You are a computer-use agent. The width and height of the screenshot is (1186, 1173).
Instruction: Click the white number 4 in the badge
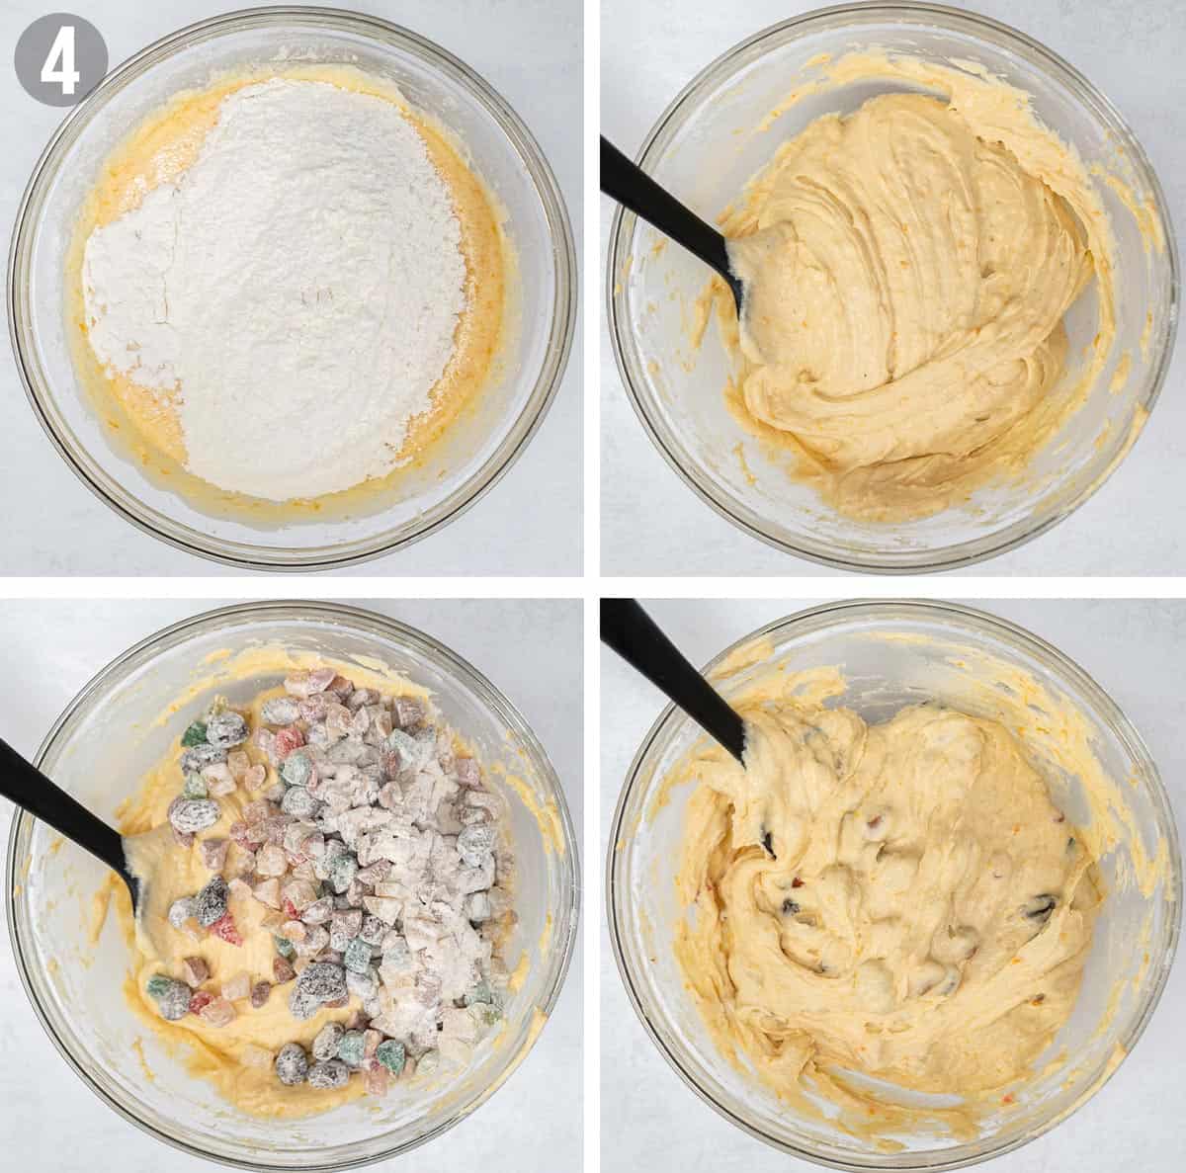(x=60, y=60)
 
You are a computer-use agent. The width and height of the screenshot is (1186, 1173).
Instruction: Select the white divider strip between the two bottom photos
(x=592, y=885)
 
